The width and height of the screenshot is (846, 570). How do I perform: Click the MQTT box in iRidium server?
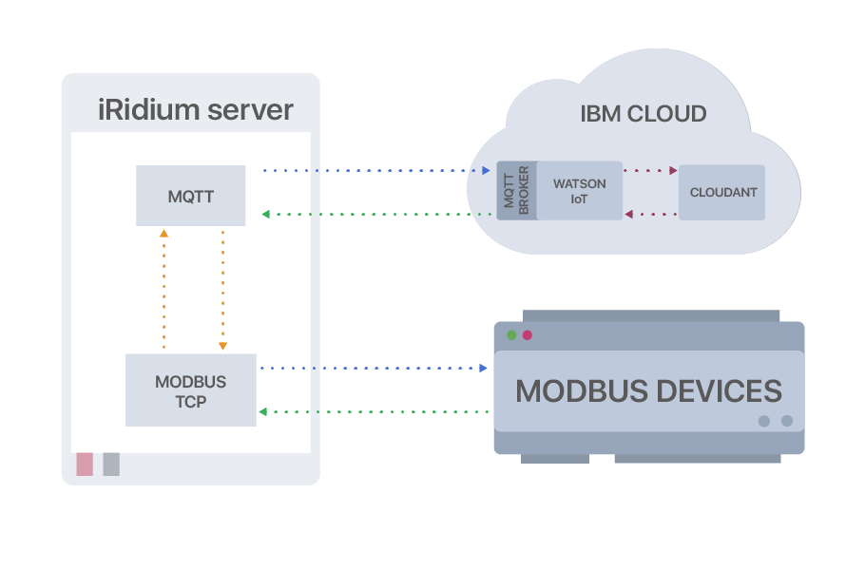point(190,196)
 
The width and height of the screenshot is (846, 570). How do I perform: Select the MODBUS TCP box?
point(190,390)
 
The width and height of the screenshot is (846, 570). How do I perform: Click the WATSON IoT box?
point(579,190)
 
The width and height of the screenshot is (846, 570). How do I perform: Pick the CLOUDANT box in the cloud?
point(722,192)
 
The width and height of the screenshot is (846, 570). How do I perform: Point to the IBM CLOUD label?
point(643,114)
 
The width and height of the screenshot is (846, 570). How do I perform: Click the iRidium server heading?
point(196,109)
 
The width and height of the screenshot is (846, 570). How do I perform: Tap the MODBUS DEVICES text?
point(648,390)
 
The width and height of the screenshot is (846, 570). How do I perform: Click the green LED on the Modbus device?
point(511,335)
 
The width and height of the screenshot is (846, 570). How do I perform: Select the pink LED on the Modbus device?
point(527,335)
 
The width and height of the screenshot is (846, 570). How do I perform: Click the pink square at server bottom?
point(85,464)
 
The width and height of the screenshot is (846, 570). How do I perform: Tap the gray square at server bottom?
point(111,464)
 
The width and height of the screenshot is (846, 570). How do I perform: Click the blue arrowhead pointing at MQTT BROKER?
point(485,171)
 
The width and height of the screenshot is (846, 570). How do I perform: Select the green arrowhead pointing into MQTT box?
point(266,214)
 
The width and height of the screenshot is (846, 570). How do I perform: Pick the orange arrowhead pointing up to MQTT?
point(163,232)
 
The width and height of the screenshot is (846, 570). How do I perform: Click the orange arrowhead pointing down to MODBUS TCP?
point(222,347)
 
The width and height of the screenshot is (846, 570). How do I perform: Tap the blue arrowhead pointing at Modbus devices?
point(483,367)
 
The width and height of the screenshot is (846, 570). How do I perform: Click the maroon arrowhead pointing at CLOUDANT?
point(673,171)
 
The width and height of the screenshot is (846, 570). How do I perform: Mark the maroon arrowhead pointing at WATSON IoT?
point(629,215)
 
